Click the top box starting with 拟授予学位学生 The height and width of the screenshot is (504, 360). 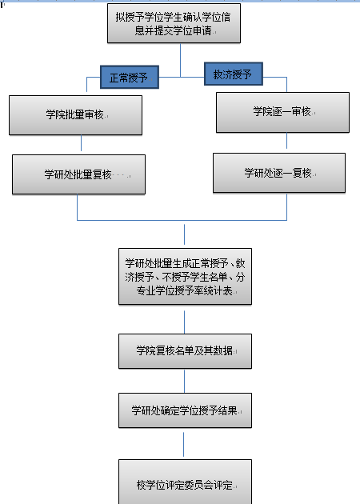174,23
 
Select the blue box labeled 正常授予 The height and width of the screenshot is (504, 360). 130,77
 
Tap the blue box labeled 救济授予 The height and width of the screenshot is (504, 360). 234,74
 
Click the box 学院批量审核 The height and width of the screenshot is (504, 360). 75,115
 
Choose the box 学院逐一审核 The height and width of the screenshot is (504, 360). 282,113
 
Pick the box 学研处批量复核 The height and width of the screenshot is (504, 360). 78,174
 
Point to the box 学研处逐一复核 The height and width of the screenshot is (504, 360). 279,173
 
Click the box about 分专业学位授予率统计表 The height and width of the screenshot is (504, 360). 185,277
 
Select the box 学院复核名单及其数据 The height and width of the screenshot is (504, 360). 185,351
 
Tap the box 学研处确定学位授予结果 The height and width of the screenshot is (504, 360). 185,410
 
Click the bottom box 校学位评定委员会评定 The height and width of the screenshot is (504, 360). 185,482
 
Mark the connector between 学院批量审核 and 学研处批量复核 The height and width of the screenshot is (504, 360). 81,143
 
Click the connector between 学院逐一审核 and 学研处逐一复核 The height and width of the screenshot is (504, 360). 286,141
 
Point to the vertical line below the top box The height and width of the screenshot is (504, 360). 180,60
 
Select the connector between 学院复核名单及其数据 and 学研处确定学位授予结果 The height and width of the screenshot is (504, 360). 185,381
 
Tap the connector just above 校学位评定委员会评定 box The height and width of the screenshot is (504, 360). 183,444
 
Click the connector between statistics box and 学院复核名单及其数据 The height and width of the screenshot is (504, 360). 185,322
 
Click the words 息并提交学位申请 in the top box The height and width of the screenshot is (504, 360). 173,30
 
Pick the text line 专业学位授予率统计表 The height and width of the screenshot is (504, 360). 185,290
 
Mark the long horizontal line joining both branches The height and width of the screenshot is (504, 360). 182,220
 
